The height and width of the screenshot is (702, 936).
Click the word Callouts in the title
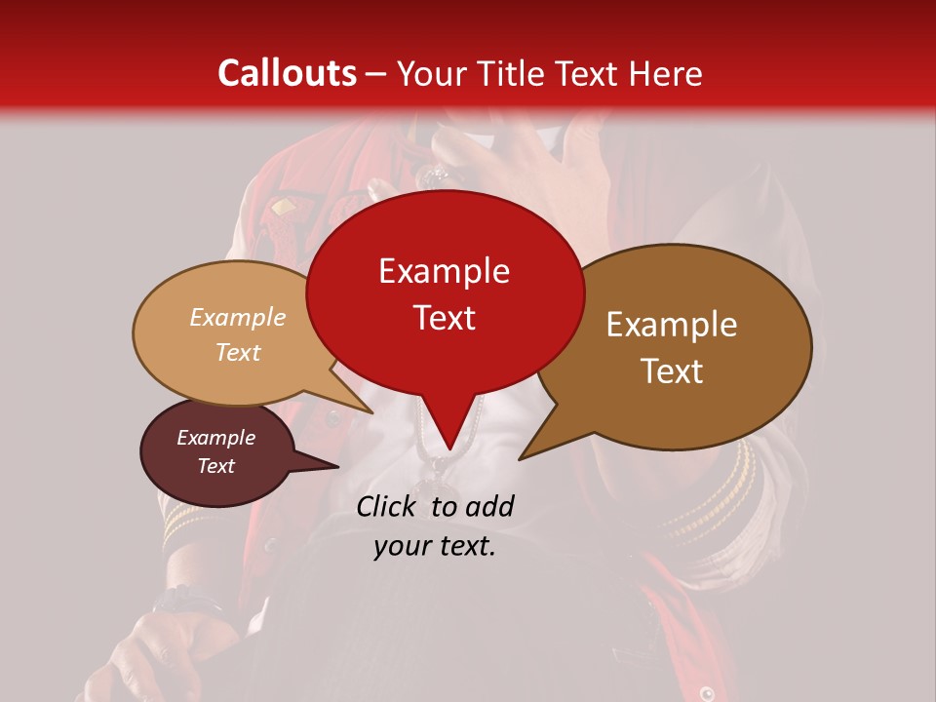point(287,73)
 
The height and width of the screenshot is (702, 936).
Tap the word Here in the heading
point(661,73)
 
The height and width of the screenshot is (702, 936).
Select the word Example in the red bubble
point(444,271)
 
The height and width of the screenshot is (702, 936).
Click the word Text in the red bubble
point(444,318)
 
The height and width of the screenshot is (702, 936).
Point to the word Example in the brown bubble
point(672,325)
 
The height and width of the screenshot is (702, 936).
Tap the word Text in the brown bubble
point(672,371)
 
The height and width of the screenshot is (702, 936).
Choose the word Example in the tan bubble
point(238,317)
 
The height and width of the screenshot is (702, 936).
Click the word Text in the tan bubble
point(238,352)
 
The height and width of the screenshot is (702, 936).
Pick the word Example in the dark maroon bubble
point(216,438)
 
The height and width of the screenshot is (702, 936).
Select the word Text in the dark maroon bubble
point(216,466)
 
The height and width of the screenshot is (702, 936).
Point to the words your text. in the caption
point(435,547)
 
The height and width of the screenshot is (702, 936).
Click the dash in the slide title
point(377,75)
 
